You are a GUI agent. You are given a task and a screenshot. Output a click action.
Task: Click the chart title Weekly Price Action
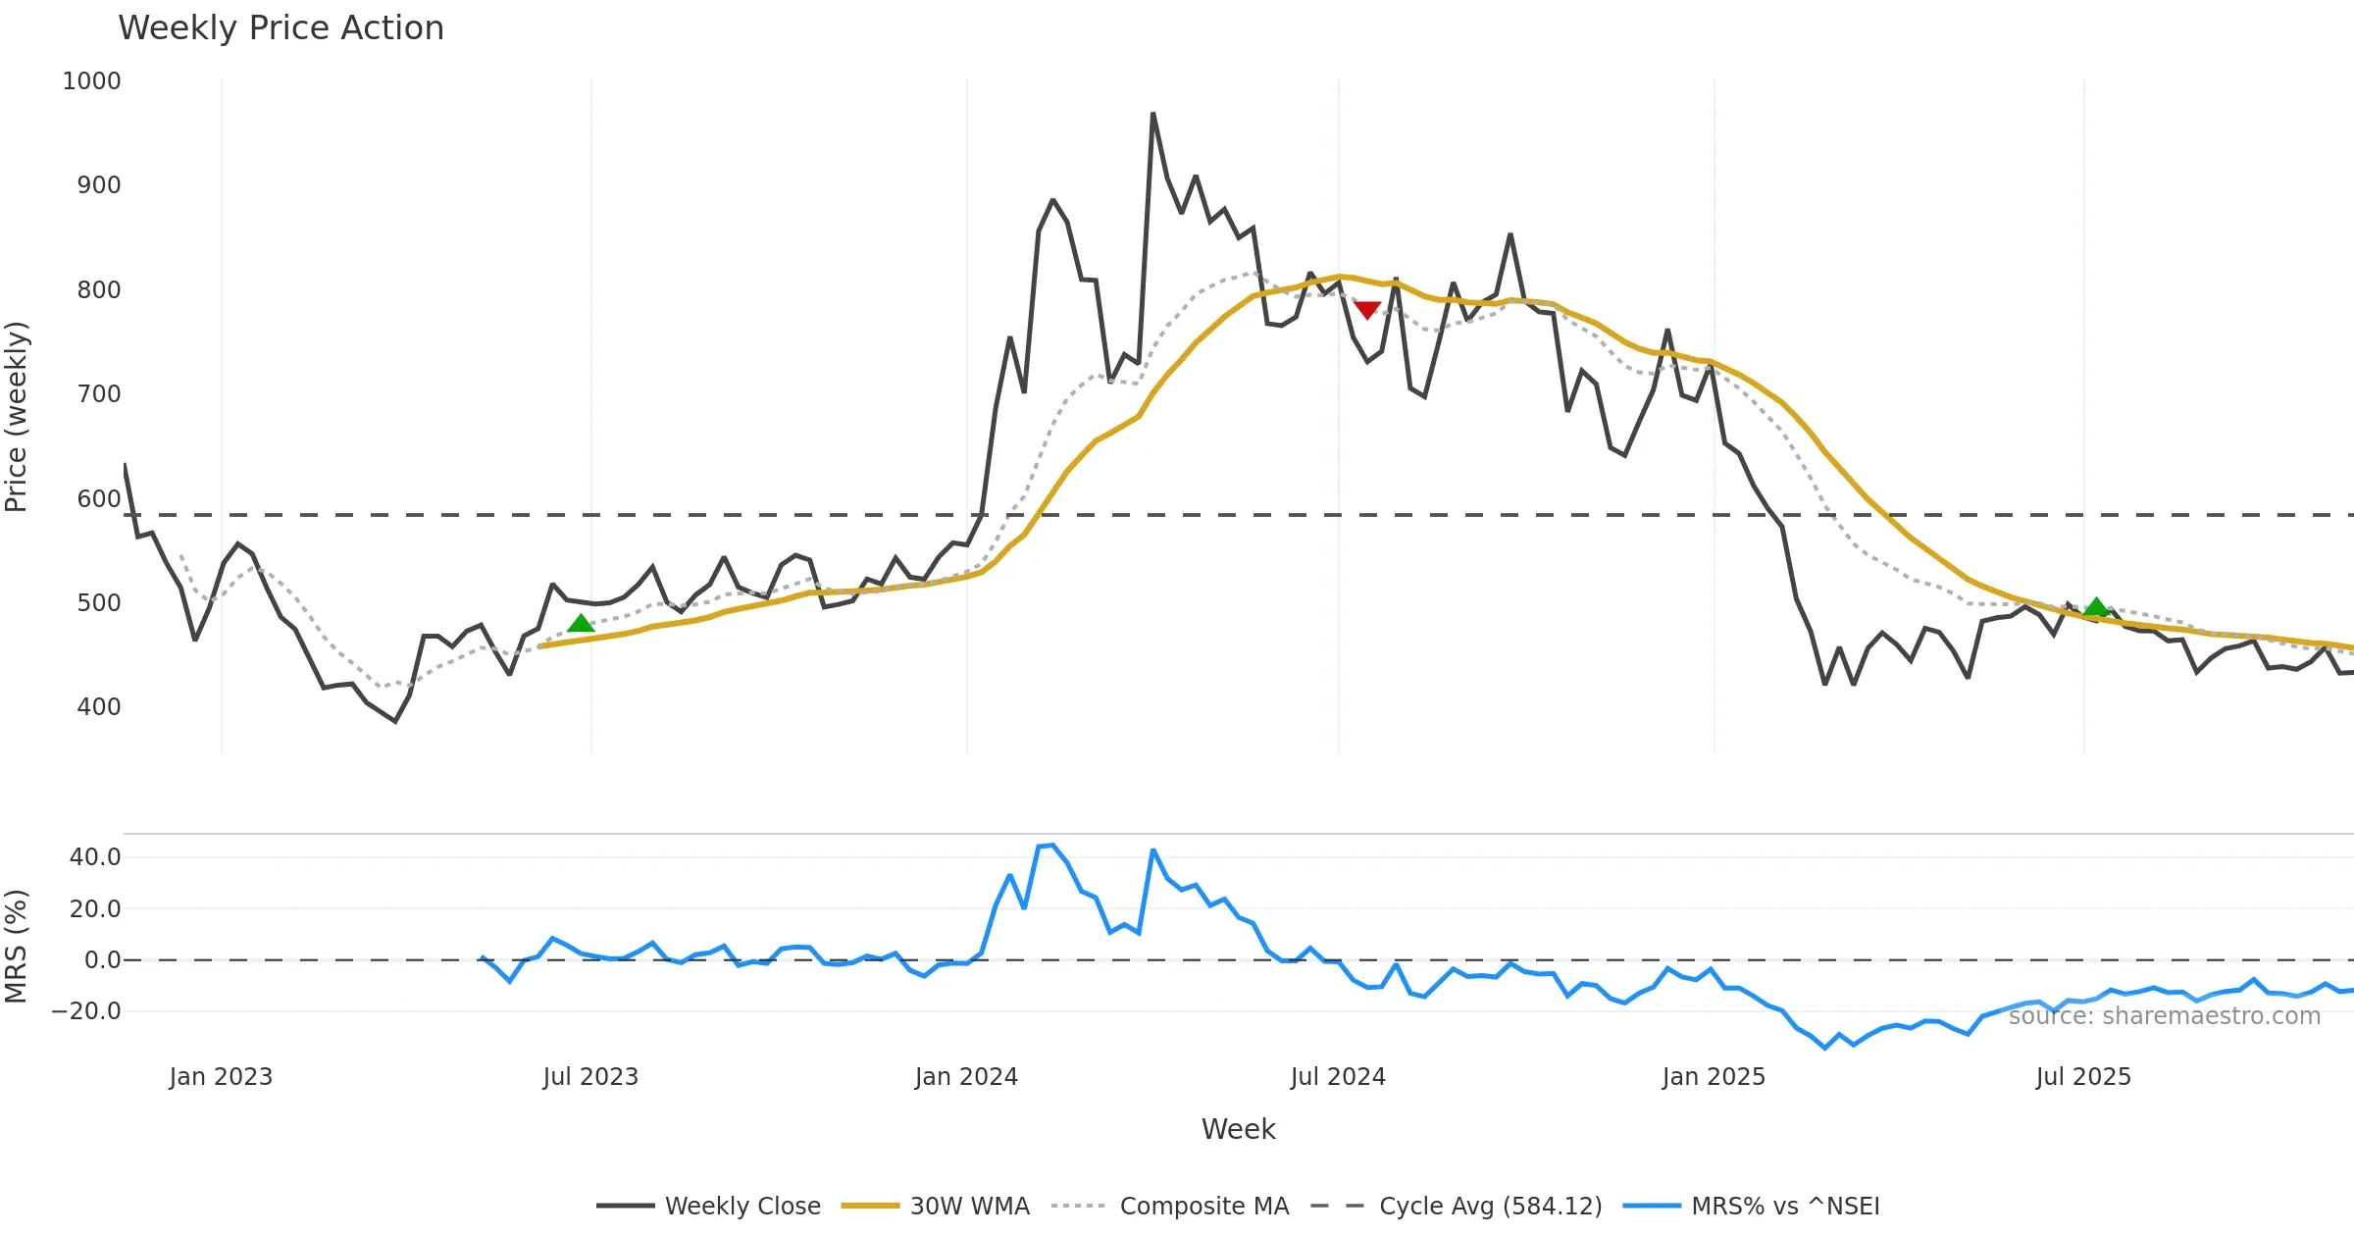(281, 28)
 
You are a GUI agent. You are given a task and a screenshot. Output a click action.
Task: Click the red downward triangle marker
(1367, 310)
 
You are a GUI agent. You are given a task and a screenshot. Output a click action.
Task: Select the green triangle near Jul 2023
(581, 623)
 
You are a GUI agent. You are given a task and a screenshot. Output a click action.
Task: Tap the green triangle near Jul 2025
(2096, 607)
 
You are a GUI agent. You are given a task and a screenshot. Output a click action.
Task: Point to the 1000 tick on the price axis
(91, 81)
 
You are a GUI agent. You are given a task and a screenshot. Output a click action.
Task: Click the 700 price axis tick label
(98, 394)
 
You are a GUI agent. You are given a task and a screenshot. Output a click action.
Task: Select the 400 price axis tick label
(98, 707)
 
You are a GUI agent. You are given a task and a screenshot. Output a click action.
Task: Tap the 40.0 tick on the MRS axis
(94, 857)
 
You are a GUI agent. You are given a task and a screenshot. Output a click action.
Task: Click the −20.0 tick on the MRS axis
(86, 1011)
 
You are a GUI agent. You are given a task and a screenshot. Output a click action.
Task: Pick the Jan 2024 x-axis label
(966, 1077)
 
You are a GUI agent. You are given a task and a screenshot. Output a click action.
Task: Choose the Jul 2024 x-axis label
(1338, 1077)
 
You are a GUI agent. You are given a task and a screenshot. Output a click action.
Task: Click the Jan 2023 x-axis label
(221, 1077)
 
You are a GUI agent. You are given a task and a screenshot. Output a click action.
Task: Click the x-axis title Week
(1238, 1130)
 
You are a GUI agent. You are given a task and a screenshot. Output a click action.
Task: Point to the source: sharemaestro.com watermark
(2165, 1016)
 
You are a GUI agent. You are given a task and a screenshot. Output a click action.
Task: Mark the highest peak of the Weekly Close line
(1153, 114)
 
